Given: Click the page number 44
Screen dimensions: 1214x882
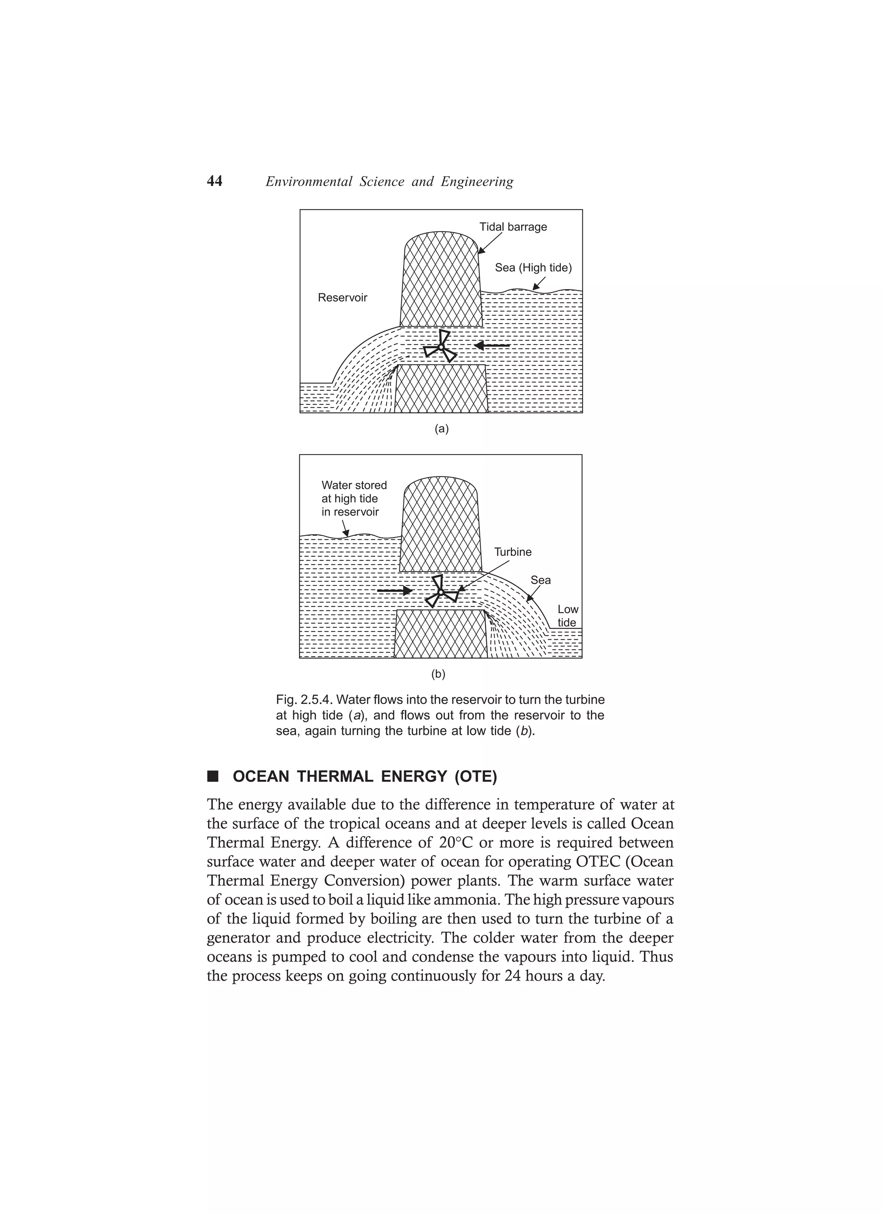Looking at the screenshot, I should [x=214, y=181].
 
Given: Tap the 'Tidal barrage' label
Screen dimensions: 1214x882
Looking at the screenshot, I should [x=513, y=227].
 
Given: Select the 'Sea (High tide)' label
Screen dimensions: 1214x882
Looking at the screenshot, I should [x=533, y=268].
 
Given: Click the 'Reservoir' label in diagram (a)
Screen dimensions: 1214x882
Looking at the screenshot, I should [x=342, y=298].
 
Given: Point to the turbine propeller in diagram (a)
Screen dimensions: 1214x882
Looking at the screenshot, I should [x=441, y=347].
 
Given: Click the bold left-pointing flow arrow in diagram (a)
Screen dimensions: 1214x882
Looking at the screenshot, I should [x=492, y=346].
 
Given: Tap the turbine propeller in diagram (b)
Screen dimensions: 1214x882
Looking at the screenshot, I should [x=441, y=592].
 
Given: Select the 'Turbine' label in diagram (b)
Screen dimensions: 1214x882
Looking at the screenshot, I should [x=513, y=552].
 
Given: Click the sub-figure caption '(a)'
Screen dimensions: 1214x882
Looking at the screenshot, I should [x=441, y=429].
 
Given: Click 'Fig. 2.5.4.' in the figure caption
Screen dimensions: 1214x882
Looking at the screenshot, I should [x=304, y=700].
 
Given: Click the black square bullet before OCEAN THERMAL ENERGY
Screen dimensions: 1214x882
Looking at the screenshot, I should [x=213, y=776].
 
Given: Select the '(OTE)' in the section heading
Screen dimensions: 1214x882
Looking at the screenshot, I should [x=475, y=777].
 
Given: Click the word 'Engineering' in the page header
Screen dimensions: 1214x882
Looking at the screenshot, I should [x=477, y=182].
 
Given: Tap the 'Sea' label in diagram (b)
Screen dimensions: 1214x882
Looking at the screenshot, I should [x=540, y=580].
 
